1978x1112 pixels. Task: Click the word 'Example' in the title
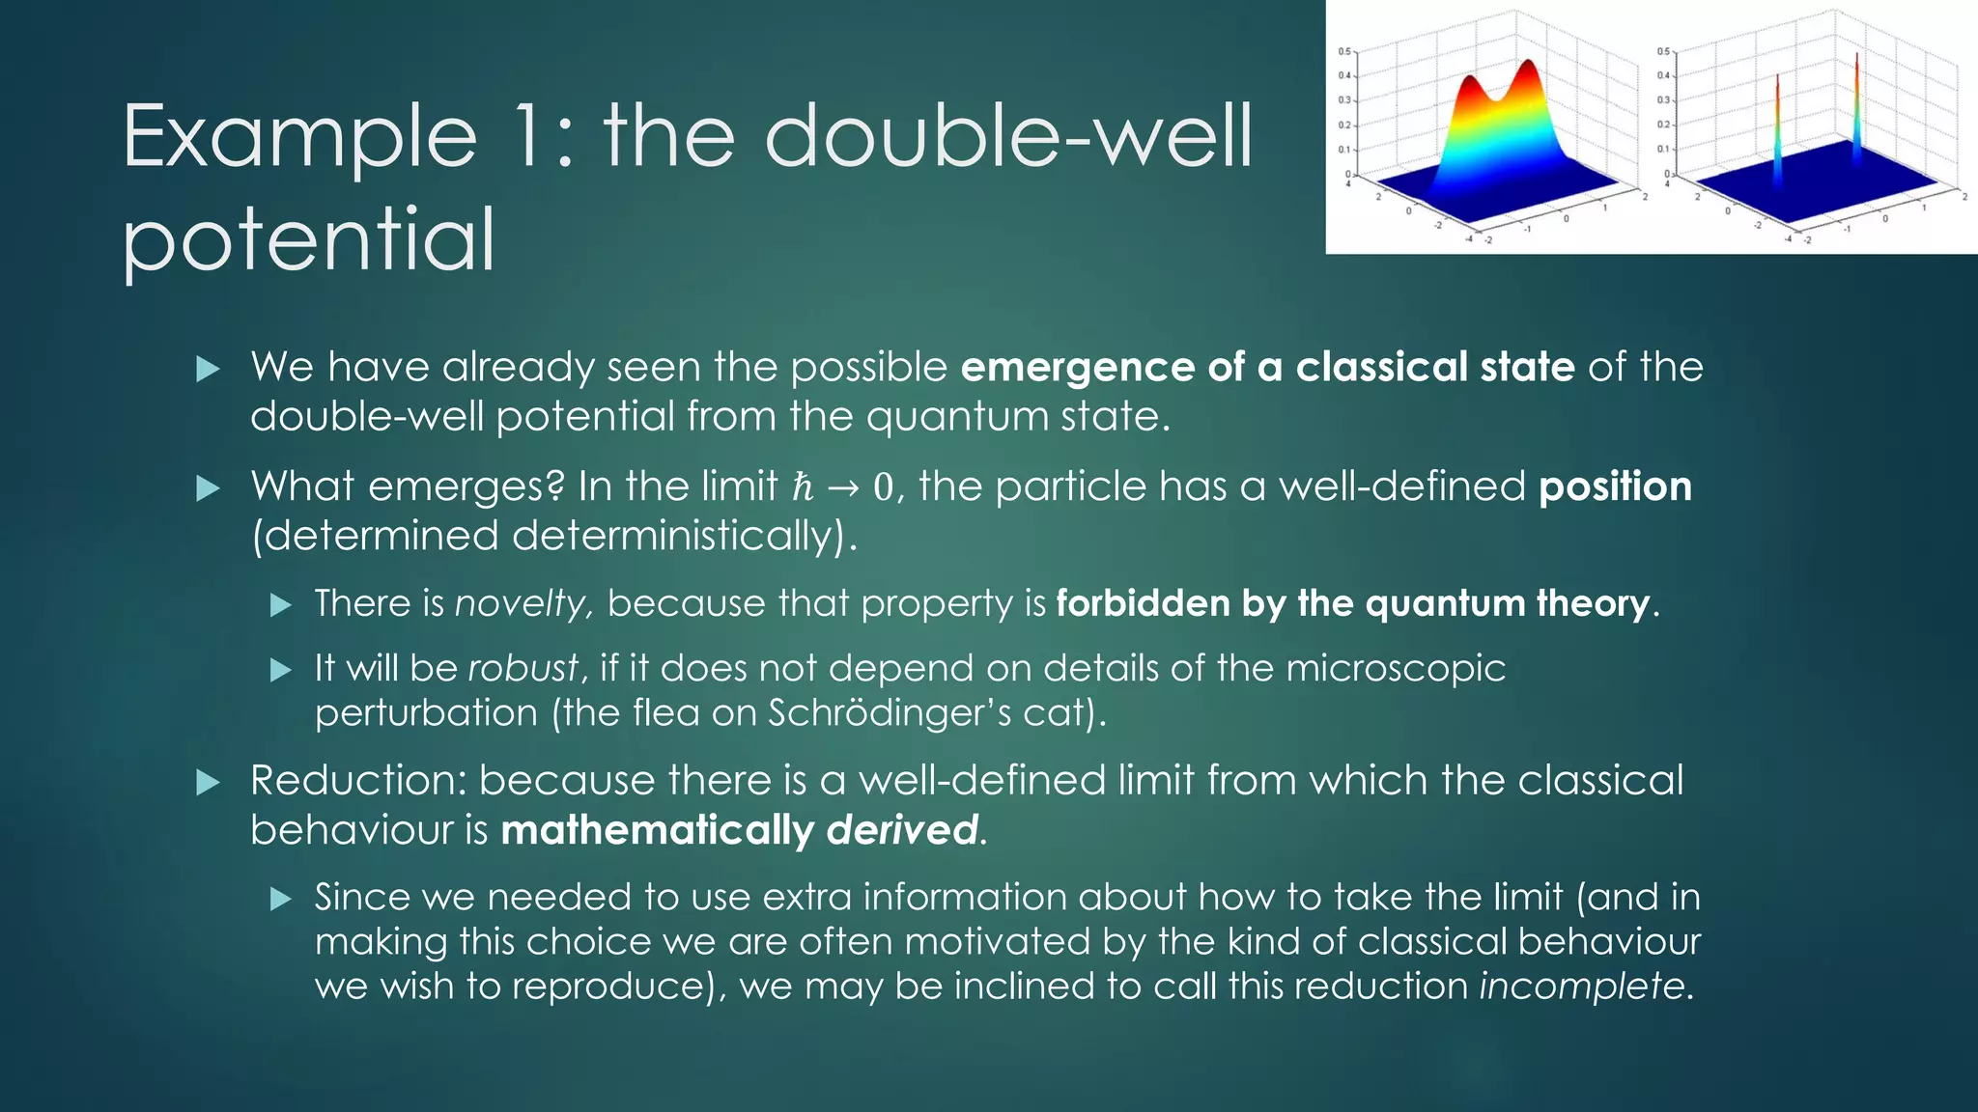point(299,138)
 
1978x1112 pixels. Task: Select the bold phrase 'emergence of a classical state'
point(1267,367)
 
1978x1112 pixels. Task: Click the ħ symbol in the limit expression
point(803,486)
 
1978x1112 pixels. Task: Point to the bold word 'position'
point(1615,486)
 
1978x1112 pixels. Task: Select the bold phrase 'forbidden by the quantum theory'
point(1352,603)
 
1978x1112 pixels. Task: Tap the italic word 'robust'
point(523,668)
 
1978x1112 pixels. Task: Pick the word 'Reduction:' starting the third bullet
point(358,780)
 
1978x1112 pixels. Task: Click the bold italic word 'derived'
point(902,830)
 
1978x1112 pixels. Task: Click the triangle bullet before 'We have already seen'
point(208,369)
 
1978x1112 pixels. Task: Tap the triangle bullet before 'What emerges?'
point(208,488)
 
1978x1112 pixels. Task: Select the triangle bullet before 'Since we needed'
point(280,900)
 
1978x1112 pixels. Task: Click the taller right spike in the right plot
point(1856,97)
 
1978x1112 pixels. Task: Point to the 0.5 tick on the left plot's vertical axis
point(1344,51)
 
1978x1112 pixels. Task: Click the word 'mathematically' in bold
point(658,830)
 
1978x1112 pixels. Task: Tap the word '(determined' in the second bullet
point(375,536)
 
